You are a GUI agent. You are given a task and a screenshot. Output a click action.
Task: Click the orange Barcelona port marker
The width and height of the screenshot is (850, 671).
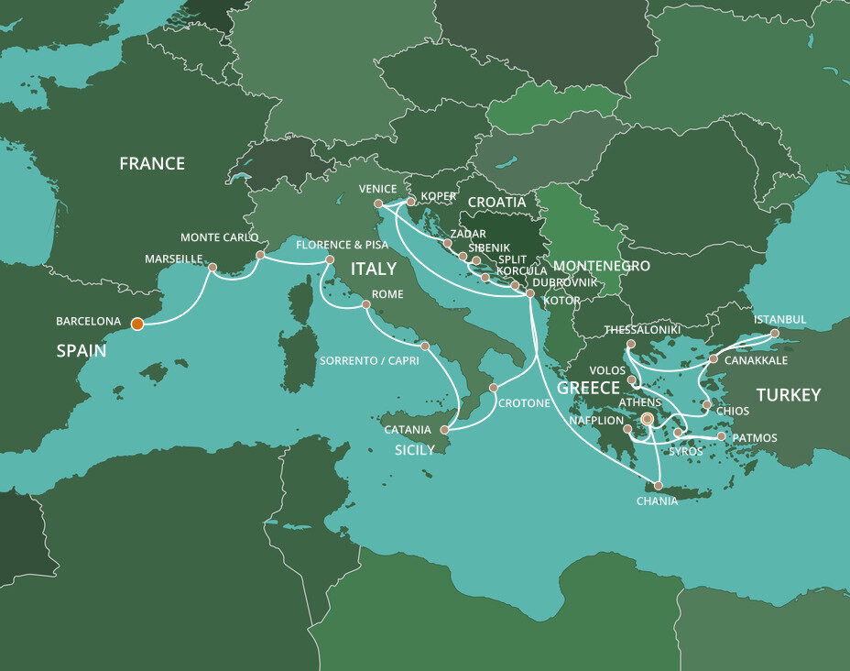(136, 323)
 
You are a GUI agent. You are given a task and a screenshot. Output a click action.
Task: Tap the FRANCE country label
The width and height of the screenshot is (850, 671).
(152, 164)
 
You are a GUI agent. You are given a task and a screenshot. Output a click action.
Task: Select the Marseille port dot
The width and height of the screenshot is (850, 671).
(212, 268)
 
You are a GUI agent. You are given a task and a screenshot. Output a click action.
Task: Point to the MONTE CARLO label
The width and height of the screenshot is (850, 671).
(219, 237)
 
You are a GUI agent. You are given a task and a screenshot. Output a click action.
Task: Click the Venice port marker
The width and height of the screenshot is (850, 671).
(378, 203)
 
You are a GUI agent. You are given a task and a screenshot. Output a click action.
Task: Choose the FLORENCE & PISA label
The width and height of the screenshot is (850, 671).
(341, 245)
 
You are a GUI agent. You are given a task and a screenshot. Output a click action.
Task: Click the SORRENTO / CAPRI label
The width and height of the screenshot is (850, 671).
(369, 360)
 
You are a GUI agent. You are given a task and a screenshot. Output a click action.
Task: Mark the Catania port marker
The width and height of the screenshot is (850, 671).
(446, 430)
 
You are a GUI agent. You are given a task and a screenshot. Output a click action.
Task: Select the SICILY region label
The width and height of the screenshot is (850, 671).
(415, 450)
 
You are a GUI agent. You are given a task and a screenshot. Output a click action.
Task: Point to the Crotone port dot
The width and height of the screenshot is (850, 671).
(493, 388)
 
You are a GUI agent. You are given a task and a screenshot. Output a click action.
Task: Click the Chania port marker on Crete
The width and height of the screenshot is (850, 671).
(658, 485)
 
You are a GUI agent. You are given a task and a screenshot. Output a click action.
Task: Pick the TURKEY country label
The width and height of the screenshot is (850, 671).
(788, 395)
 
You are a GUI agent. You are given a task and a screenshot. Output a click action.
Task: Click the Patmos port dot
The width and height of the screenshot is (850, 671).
(723, 437)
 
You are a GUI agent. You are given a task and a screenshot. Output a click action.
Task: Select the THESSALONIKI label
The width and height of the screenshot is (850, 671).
(642, 329)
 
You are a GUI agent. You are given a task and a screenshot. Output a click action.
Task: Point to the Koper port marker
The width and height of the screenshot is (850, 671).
(411, 202)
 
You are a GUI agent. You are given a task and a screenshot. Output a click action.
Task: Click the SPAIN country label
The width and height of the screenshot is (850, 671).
(80, 351)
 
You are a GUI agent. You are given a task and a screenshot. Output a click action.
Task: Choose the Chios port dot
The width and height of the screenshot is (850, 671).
(706, 404)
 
